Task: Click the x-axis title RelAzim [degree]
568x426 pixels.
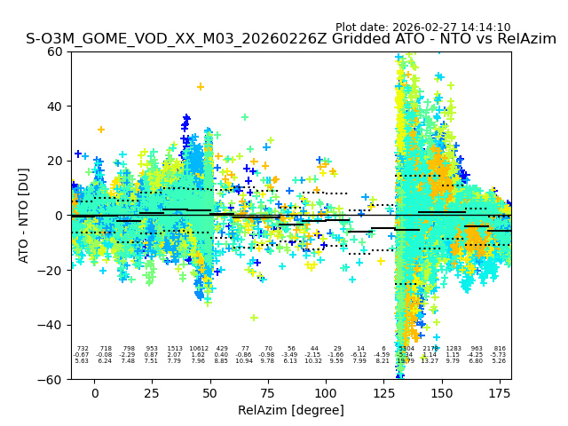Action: (x=291, y=410)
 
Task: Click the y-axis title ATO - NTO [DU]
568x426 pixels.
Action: (x=24, y=215)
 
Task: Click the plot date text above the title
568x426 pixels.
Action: (x=422, y=28)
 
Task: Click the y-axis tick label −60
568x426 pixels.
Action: (x=54, y=379)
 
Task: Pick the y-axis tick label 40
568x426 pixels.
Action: (x=57, y=106)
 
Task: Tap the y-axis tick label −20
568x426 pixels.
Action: (x=54, y=270)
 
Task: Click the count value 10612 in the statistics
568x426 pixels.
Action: (x=198, y=349)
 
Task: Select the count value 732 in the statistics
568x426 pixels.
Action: (x=83, y=349)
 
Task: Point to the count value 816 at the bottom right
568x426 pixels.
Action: (x=500, y=349)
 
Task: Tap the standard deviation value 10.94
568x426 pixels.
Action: (x=244, y=361)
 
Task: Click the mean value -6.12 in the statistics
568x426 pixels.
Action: (x=359, y=355)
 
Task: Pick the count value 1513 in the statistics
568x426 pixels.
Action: (x=175, y=349)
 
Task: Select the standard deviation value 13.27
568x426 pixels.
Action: (x=430, y=361)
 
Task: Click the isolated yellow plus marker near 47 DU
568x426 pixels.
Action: (x=201, y=87)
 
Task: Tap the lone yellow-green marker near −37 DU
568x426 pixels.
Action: (x=254, y=318)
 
